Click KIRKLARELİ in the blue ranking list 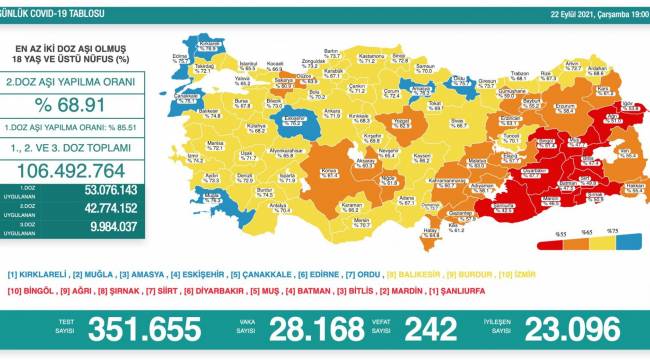tap(40, 273)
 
